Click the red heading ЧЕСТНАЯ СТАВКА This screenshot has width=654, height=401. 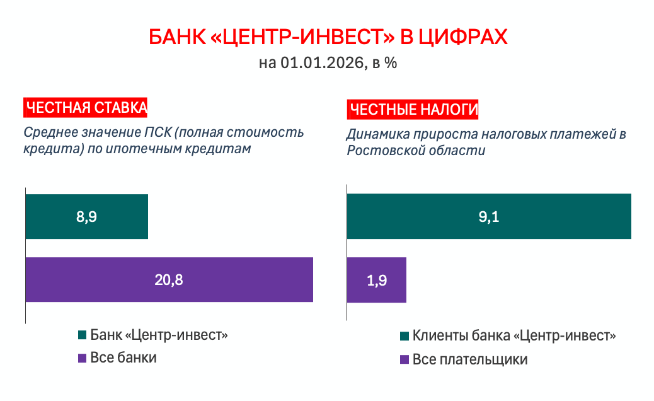click(86, 108)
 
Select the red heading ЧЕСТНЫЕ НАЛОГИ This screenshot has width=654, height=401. click(413, 110)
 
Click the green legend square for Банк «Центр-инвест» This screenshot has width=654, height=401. click(81, 335)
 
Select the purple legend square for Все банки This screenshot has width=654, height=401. click(81, 357)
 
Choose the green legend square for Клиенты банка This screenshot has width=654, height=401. click(404, 336)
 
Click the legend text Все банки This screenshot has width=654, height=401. click(123, 357)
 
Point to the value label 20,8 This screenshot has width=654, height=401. click(169, 280)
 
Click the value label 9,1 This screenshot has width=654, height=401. click(489, 217)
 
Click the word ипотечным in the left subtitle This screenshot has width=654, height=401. click(152, 149)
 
